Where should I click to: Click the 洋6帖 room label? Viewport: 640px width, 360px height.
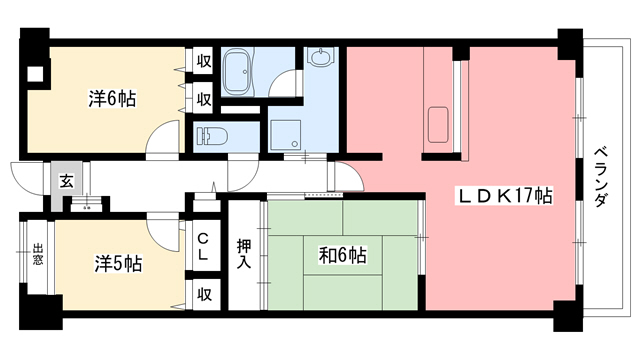click(x=112, y=98)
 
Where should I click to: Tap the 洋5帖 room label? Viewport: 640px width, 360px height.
click(x=118, y=264)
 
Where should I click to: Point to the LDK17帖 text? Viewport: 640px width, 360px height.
click(x=506, y=197)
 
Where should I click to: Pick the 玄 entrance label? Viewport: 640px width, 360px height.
click(x=65, y=181)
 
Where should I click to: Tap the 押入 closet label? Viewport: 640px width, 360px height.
click(x=243, y=254)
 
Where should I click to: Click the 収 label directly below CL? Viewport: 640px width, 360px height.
click(x=203, y=294)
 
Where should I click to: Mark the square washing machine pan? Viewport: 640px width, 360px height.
click(x=285, y=135)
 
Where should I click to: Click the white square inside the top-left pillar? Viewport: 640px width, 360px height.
click(x=37, y=71)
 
